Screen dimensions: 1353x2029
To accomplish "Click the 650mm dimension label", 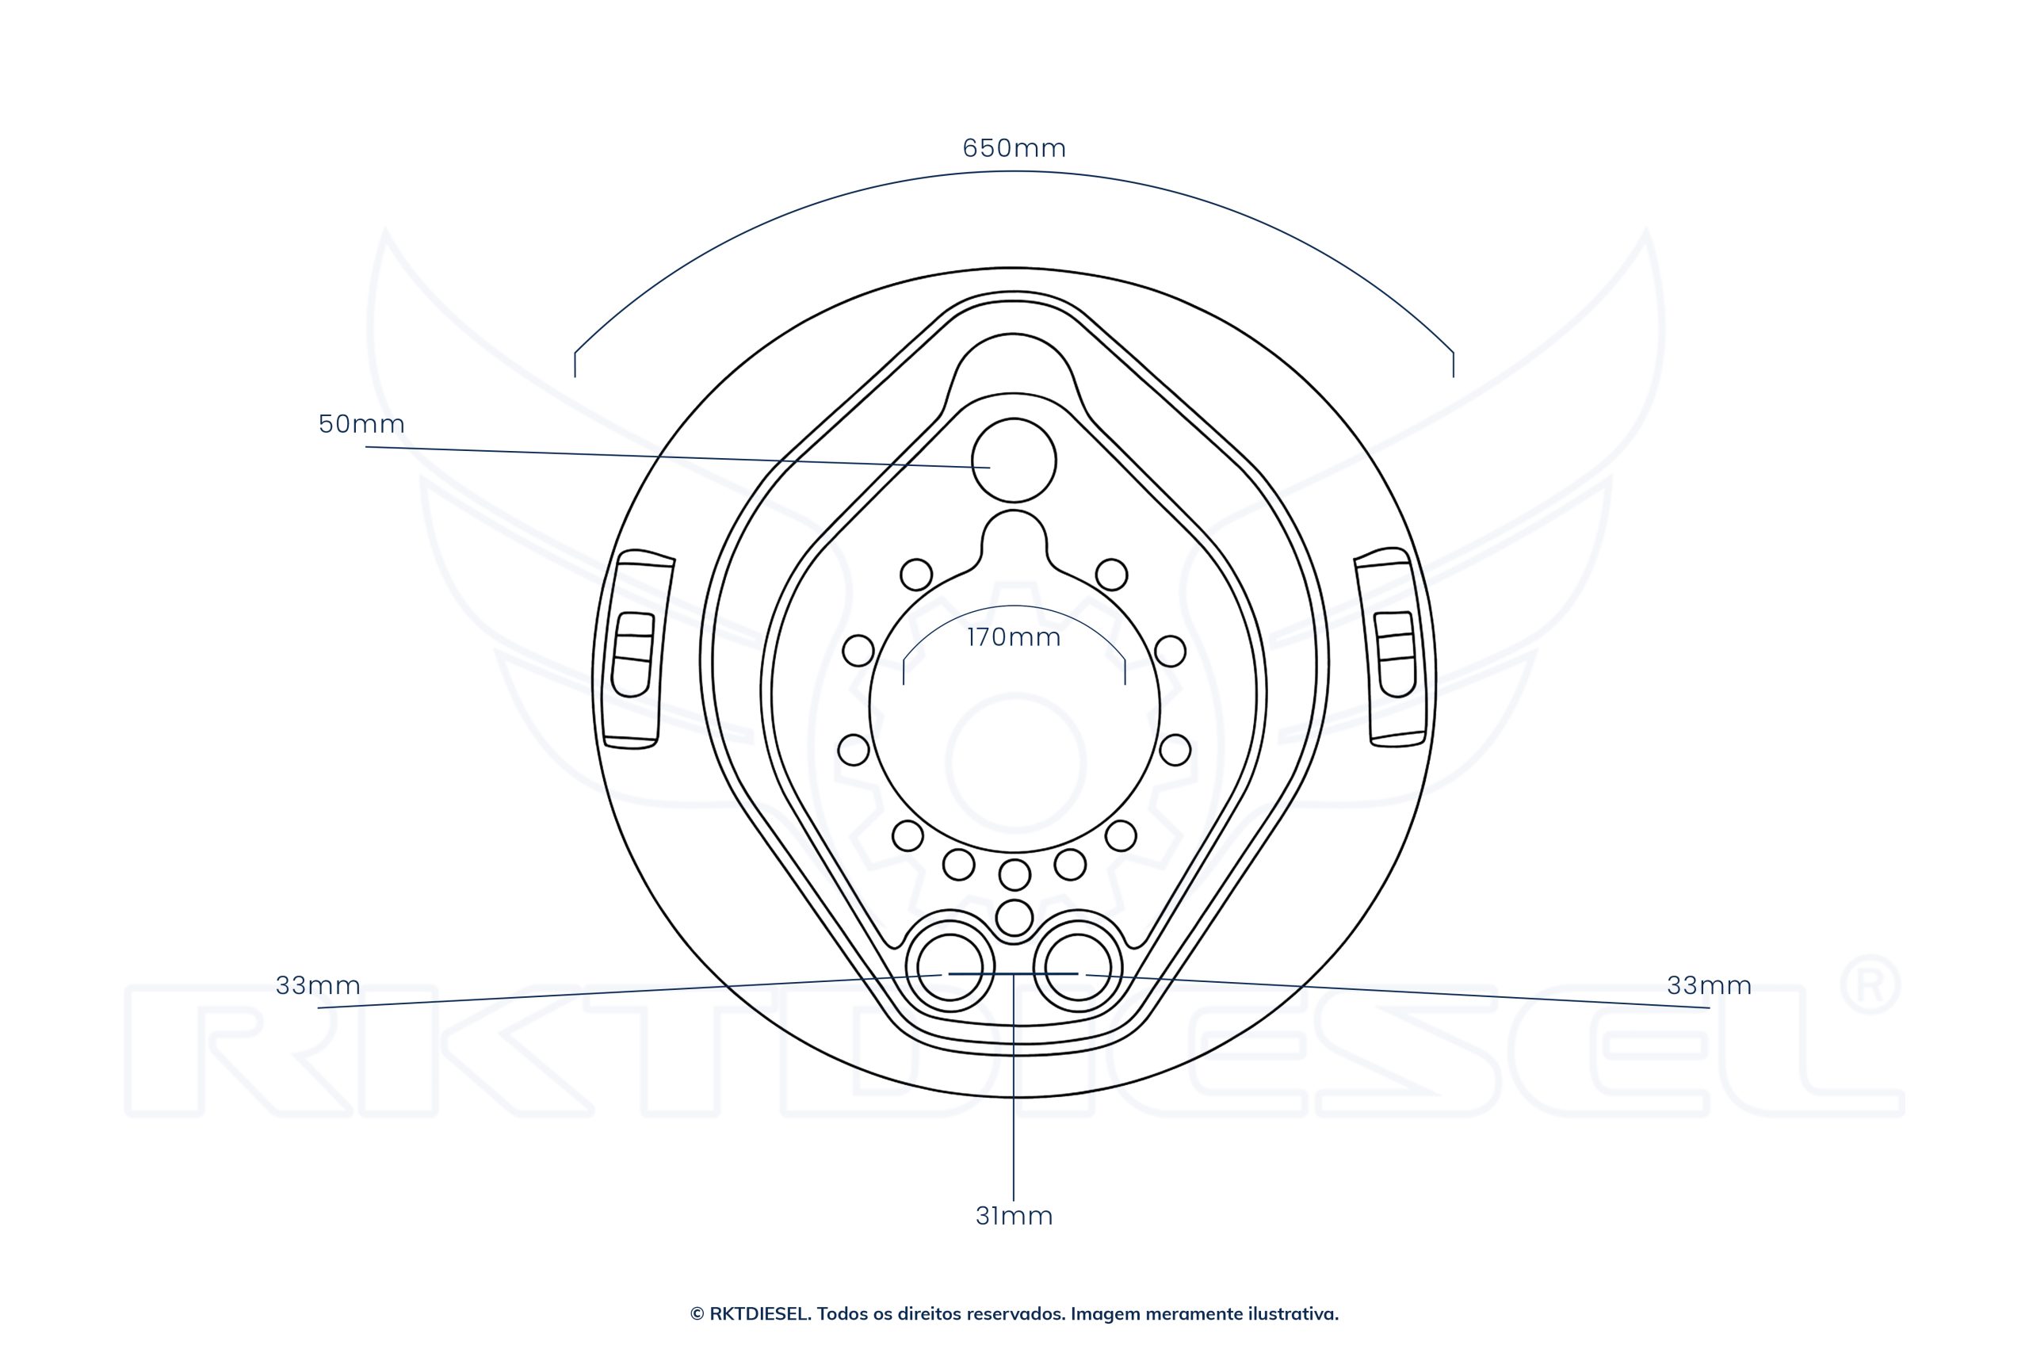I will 1014,148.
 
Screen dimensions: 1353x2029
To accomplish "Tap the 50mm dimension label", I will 361,424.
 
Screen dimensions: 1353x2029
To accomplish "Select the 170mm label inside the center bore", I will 1014,638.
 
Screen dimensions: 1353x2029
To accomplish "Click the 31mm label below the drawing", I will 1014,1216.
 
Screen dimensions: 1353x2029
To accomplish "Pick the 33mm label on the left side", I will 318,985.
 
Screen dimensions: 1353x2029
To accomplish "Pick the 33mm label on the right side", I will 1709,985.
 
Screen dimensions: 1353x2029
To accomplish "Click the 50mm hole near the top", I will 1014,461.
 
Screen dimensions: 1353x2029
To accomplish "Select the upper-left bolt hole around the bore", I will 916,574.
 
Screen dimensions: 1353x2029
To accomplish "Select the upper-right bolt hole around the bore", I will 1111,574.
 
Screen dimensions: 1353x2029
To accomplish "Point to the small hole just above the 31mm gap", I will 1014,917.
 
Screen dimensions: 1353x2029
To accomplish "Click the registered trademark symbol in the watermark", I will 1870,984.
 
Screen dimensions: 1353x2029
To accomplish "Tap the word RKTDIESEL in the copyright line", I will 759,1314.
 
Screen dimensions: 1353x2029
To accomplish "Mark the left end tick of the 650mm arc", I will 575,364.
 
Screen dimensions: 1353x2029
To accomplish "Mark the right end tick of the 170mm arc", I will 1125,671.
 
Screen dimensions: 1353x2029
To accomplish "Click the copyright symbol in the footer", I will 696,1314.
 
